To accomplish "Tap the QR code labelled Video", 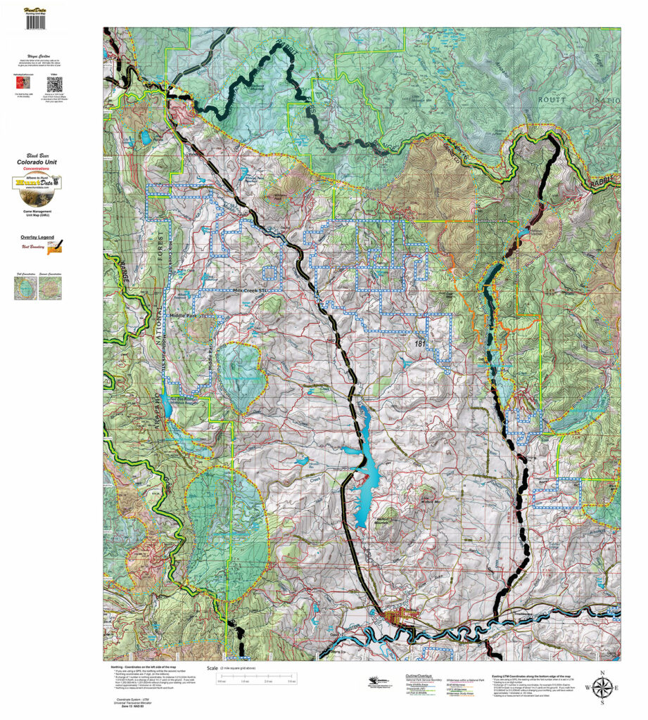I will pyautogui.click(x=53, y=85).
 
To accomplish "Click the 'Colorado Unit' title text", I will pyautogui.click(x=37, y=162).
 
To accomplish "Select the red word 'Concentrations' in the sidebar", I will pyautogui.click(x=37, y=169).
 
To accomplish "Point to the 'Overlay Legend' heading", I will pyautogui.click(x=37, y=238).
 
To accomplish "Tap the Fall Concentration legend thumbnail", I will pyautogui.click(x=25, y=288).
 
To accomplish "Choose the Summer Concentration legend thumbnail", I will pyautogui.click(x=49, y=288).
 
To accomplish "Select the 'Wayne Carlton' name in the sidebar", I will pyautogui.click(x=37, y=56).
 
